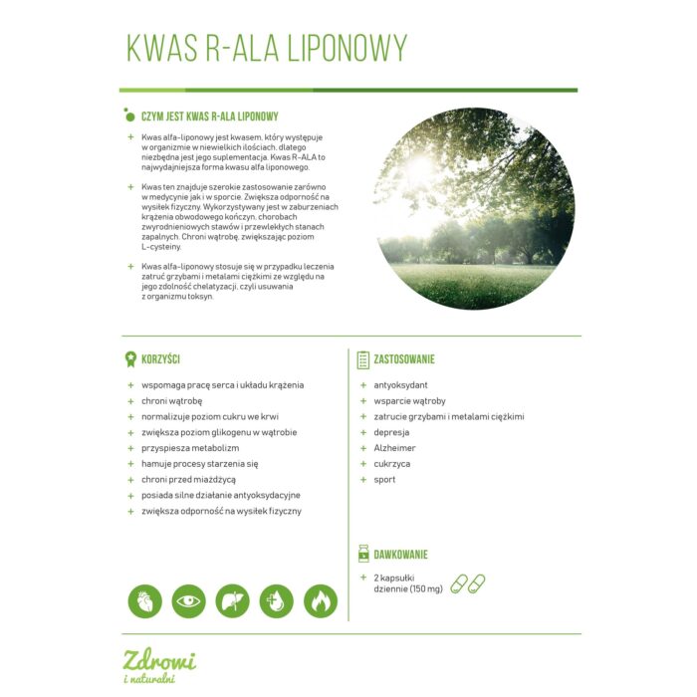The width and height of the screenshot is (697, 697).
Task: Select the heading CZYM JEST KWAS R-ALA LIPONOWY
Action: (x=209, y=116)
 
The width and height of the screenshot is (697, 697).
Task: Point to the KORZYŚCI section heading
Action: (x=160, y=358)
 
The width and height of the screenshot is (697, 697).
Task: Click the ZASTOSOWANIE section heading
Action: (x=404, y=358)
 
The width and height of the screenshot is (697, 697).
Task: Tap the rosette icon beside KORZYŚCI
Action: (x=129, y=358)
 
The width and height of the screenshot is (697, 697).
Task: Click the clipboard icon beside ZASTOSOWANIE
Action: (x=362, y=358)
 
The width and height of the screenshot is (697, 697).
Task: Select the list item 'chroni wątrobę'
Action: (x=173, y=401)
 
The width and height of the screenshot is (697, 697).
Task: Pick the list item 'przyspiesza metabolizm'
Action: (x=190, y=448)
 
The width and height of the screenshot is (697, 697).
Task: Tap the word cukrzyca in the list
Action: (x=391, y=464)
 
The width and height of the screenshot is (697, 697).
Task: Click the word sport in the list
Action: (x=384, y=480)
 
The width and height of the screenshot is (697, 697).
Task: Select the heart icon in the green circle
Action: (x=145, y=600)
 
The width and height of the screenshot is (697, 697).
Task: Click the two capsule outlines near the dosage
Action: (x=467, y=582)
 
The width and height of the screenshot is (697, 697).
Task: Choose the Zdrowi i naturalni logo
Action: (x=159, y=665)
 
